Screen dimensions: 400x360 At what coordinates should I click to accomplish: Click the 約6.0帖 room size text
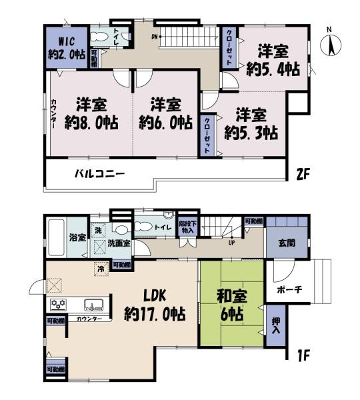click(x=166, y=124)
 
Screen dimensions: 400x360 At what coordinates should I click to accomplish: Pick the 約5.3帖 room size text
click(x=251, y=133)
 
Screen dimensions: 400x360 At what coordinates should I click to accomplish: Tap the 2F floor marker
click(x=304, y=175)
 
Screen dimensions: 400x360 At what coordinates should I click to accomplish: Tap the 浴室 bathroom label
click(x=77, y=237)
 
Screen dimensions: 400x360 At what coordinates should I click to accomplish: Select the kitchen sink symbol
click(x=91, y=305)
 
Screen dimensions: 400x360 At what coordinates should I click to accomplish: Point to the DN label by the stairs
click(x=154, y=36)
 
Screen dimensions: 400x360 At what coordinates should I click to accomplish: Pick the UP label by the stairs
click(x=231, y=241)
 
